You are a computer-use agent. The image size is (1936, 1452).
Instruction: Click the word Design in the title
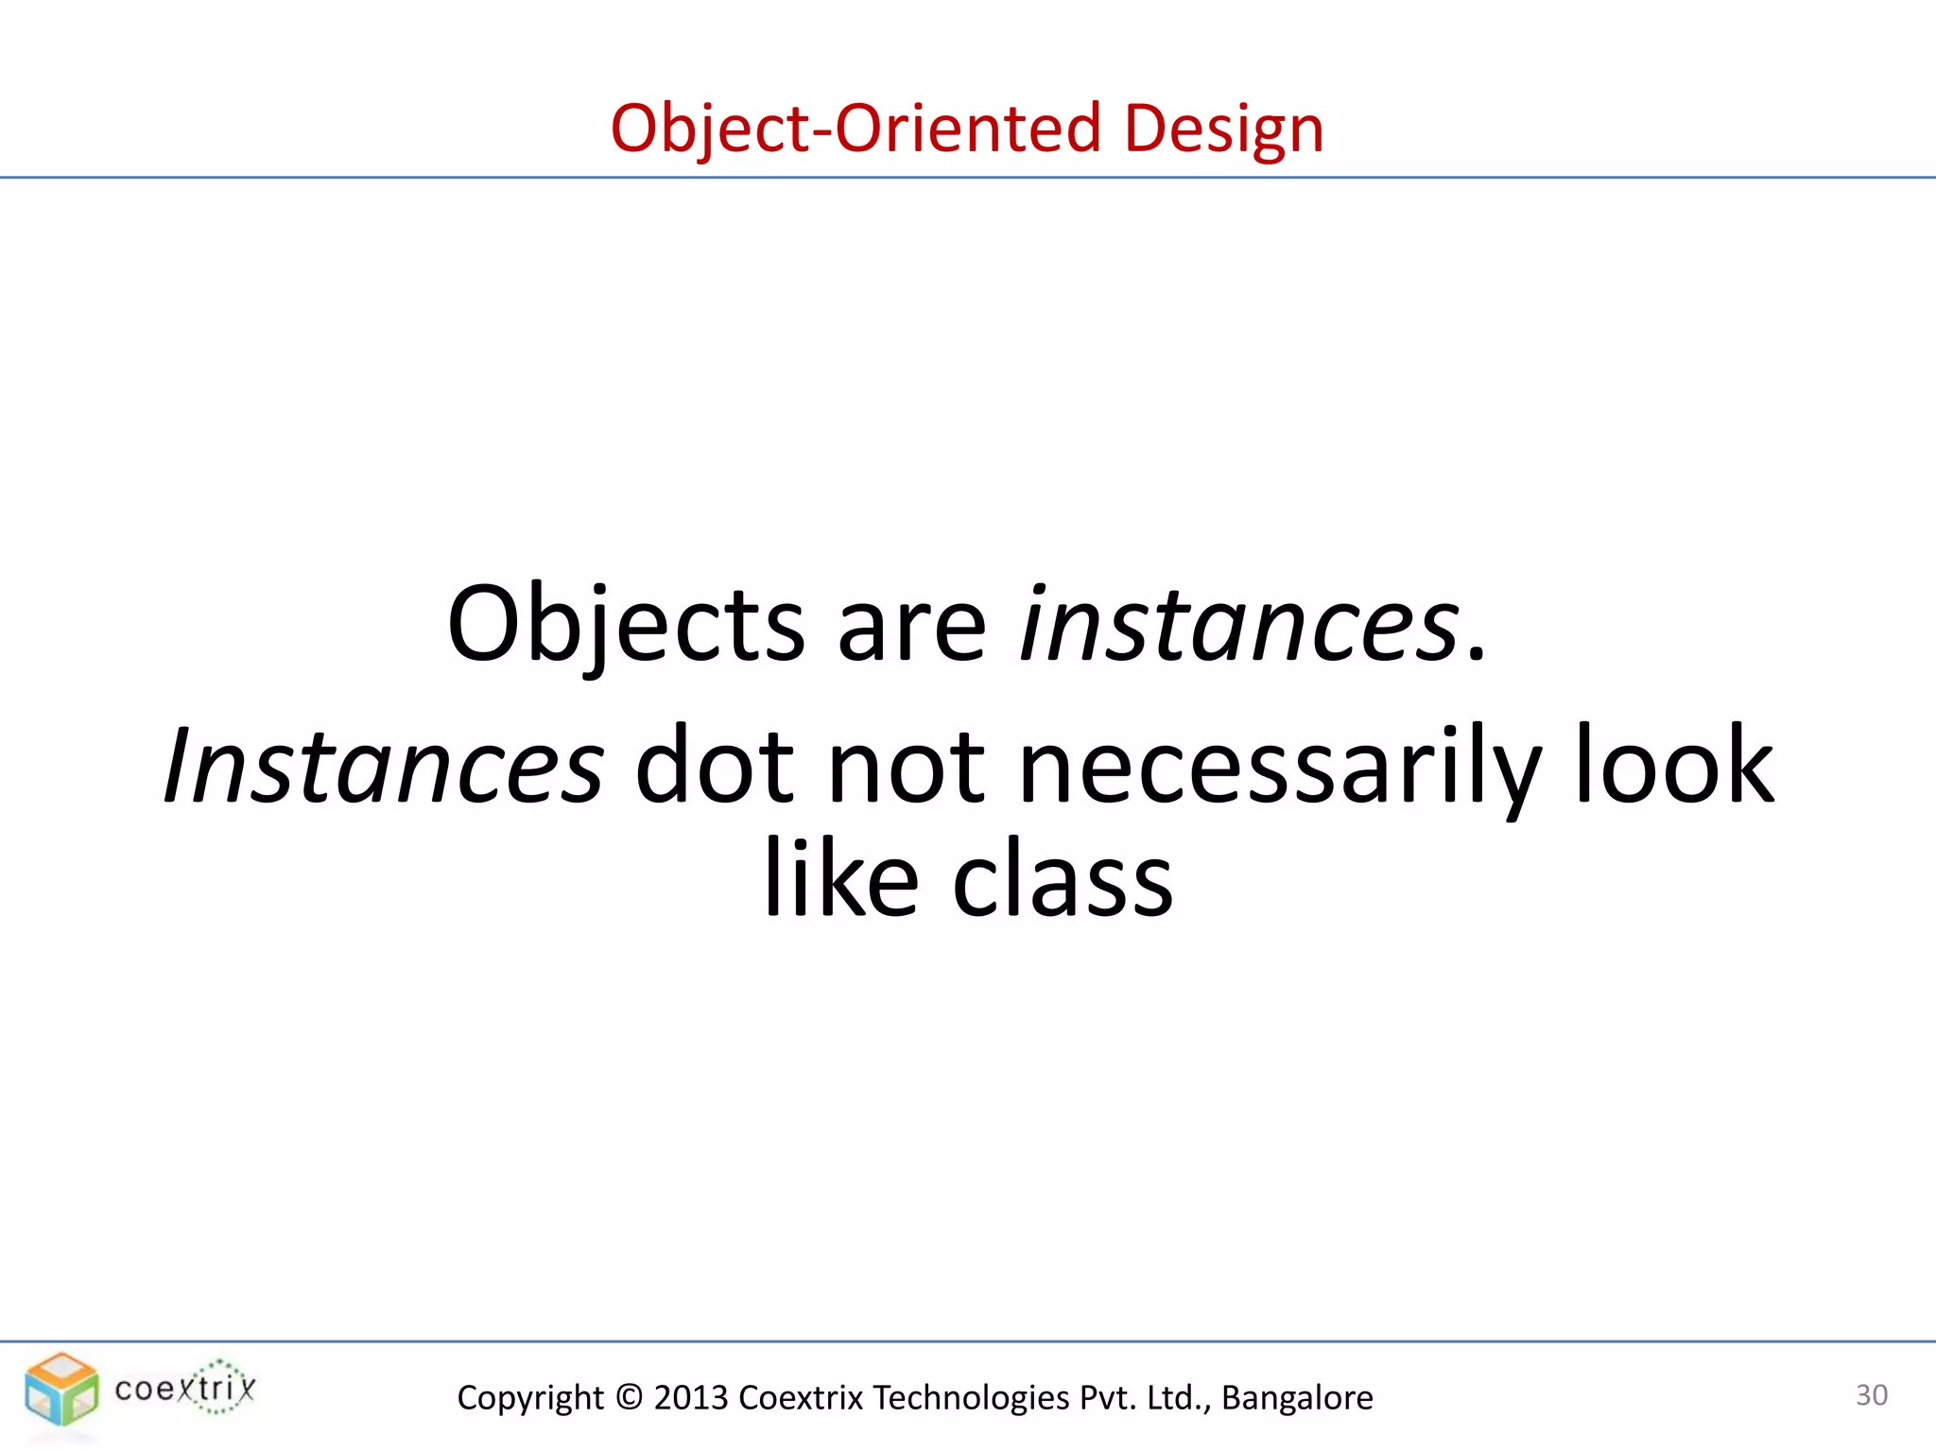point(1223,129)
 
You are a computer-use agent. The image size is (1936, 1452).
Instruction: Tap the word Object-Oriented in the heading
point(856,129)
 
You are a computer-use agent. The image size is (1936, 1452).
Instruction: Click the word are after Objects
point(911,628)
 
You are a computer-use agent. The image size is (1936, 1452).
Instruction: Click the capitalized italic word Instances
point(384,766)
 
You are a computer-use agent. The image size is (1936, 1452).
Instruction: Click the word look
point(1674,766)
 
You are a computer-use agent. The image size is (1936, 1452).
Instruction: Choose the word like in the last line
point(840,879)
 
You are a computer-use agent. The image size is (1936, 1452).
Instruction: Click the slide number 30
point(1872,1395)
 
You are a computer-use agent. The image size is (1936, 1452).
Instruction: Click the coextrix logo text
point(185,1389)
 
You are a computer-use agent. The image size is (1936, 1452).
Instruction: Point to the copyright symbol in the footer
point(629,1397)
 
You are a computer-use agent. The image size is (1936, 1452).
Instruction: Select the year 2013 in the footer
point(691,1397)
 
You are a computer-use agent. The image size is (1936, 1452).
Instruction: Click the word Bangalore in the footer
point(1297,1397)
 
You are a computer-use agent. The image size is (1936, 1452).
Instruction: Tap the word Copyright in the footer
point(530,1397)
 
